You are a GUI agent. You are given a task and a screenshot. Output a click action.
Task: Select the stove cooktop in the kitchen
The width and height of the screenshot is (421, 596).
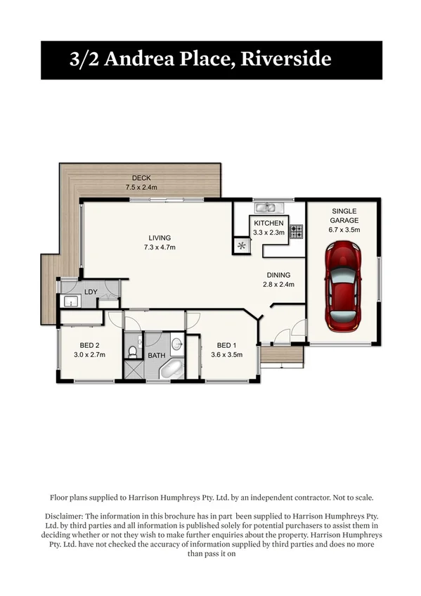(x=297, y=231)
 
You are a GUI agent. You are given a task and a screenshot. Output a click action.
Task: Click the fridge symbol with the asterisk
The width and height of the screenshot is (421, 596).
(x=242, y=245)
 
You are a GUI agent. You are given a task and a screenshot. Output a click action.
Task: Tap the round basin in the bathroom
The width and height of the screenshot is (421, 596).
(x=176, y=344)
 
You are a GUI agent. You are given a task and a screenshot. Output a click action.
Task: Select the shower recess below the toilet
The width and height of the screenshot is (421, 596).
(x=133, y=369)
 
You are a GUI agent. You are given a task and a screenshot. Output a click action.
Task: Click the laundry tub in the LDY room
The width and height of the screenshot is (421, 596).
(x=70, y=302)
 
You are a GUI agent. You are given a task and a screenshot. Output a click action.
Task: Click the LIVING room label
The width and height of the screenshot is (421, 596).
(x=160, y=238)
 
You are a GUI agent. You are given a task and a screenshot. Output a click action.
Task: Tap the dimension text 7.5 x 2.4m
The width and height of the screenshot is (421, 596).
(x=141, y=188)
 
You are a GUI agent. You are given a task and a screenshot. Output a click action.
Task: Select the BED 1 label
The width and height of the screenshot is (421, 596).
(x=226, y=345)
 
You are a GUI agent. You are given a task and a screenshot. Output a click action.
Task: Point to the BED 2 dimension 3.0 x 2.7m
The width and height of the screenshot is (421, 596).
(x=89, y=355)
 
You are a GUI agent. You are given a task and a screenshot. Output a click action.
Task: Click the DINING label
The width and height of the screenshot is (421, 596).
(x=278, y=275)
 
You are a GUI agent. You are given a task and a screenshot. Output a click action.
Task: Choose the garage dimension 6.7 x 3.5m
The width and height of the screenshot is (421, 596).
(x=344, y=230)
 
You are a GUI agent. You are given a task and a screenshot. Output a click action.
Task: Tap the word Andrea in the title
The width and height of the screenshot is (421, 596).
(x=136, y=59)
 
